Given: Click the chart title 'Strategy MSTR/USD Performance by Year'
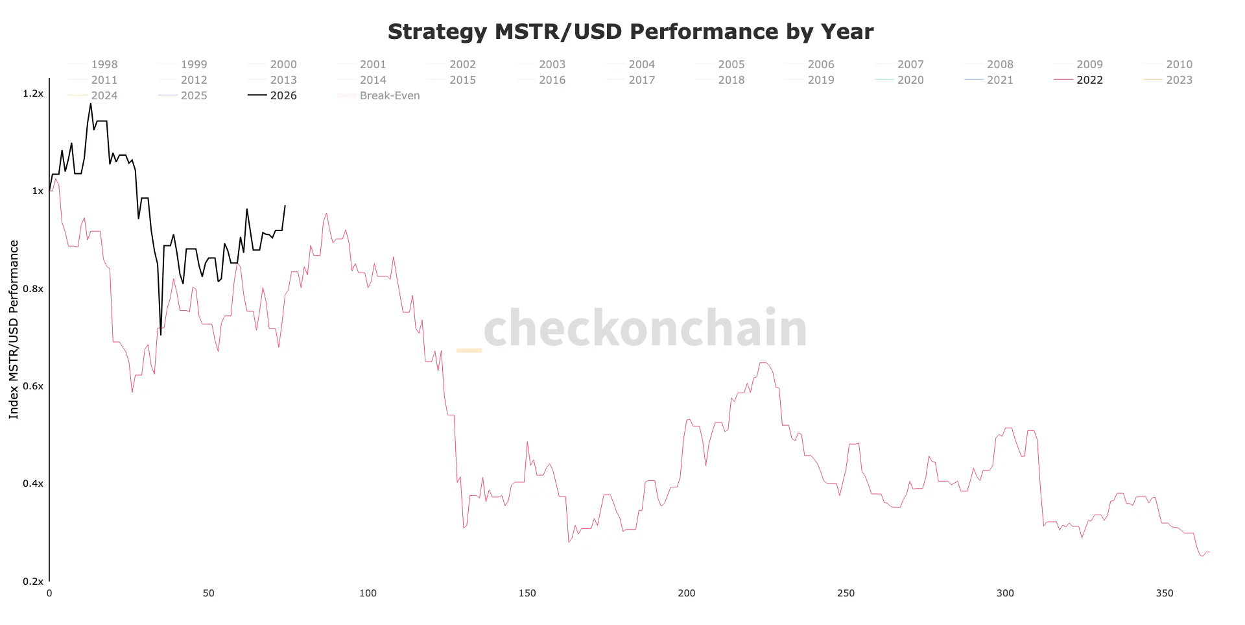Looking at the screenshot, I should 630,32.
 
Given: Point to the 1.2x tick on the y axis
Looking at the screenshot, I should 33,93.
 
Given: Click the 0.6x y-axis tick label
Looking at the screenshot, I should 33,386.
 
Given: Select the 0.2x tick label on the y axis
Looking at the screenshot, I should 33,582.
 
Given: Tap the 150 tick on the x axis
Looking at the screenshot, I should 527,593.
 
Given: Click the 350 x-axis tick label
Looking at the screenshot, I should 1165,593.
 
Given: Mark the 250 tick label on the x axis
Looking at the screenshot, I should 846,593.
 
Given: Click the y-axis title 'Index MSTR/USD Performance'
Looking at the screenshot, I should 14,329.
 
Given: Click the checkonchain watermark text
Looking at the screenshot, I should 645,328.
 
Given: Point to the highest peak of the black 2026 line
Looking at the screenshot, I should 90,104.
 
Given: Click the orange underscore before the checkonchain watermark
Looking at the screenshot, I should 469,350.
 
